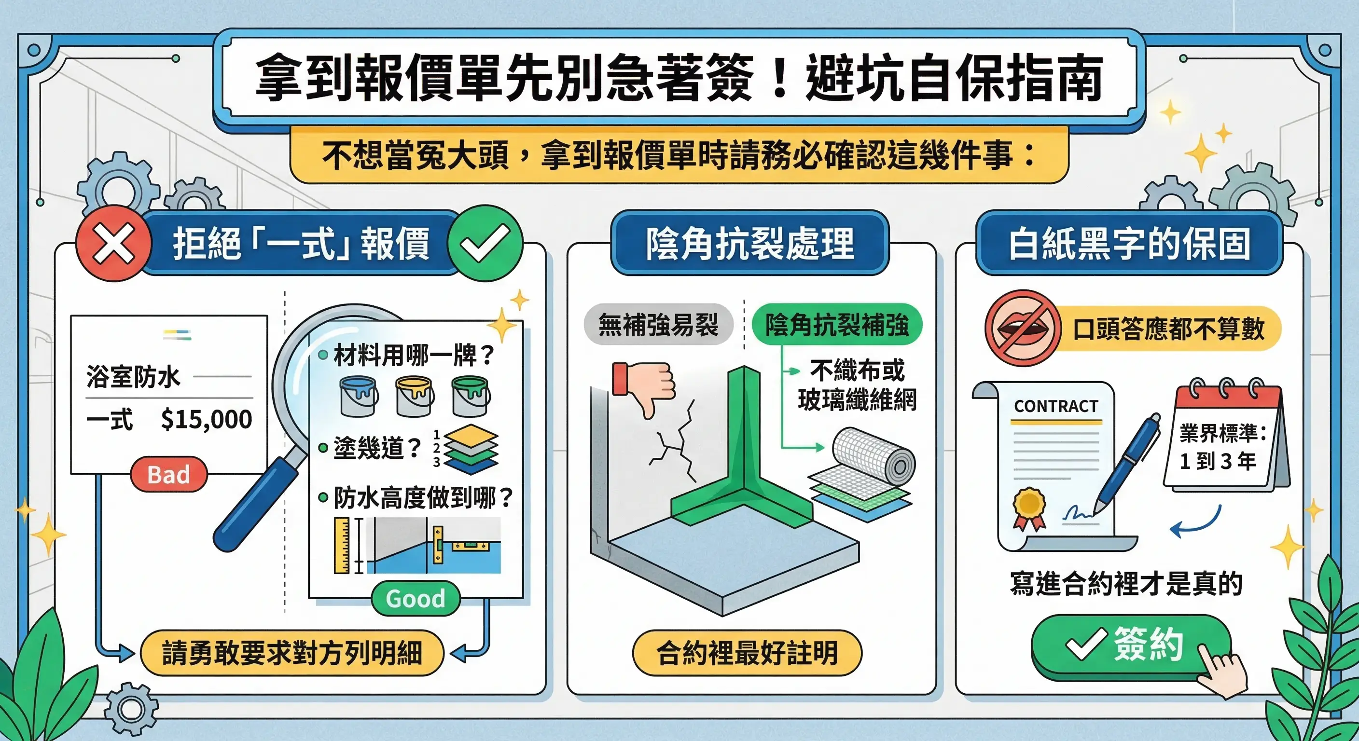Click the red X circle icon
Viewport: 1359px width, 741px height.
(113, 243)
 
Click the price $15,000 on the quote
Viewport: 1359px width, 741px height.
(206, 419)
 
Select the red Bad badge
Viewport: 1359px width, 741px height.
(168, 474)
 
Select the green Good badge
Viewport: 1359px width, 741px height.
(415, 598)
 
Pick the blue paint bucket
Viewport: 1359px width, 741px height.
(358, 396)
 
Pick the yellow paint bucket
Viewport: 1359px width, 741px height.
(414, 396)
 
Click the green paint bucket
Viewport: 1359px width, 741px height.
(470, 396)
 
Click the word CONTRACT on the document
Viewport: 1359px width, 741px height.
(1055, 406)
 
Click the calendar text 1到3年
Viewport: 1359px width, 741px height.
(1217, 461)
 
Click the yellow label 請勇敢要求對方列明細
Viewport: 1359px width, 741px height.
(292, 653)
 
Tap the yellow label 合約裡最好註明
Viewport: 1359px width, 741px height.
(747, 653)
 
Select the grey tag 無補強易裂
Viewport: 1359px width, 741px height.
(658, 324)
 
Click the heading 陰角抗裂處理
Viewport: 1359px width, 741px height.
(749, 243)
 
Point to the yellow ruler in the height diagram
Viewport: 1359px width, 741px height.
(341, 545)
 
